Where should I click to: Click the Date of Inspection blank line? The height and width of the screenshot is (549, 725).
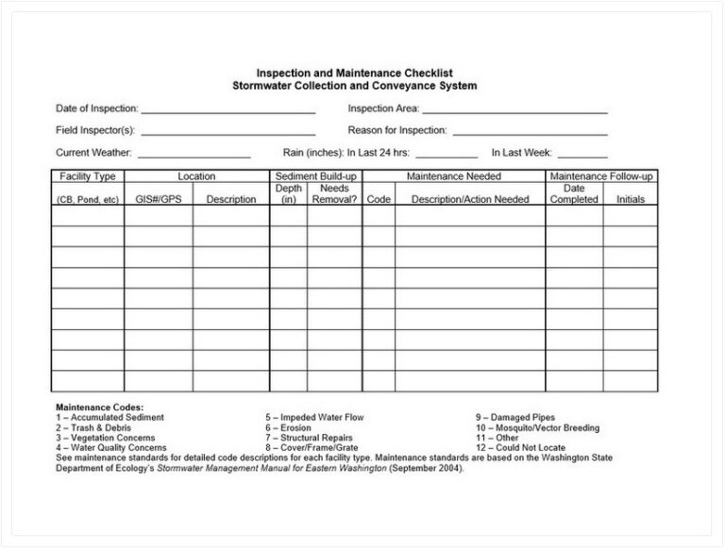point(228,110)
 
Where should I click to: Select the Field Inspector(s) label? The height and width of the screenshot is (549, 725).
point(95,130)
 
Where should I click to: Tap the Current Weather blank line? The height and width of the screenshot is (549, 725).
point(195,153)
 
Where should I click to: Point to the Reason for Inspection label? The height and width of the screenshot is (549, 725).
point(397,130)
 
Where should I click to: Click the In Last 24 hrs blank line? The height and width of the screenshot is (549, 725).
point(447,153)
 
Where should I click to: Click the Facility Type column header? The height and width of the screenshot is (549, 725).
point(88,176)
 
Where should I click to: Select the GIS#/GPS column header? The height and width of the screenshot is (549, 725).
point(158,199)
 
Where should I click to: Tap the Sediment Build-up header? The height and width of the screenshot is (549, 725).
point(316,176)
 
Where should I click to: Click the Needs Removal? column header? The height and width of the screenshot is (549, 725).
point(334,193)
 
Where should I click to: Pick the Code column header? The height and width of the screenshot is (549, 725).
point(379,199)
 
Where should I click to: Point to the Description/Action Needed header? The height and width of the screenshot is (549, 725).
point(470,199)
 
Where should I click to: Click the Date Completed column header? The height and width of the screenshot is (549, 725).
point(574,193)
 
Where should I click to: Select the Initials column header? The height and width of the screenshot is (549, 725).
point(631,199)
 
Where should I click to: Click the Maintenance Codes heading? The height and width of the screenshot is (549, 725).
point(100,407)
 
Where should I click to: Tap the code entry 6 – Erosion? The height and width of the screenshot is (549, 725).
point(290,427)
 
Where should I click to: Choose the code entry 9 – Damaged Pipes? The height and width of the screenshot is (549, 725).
point(515,417)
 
